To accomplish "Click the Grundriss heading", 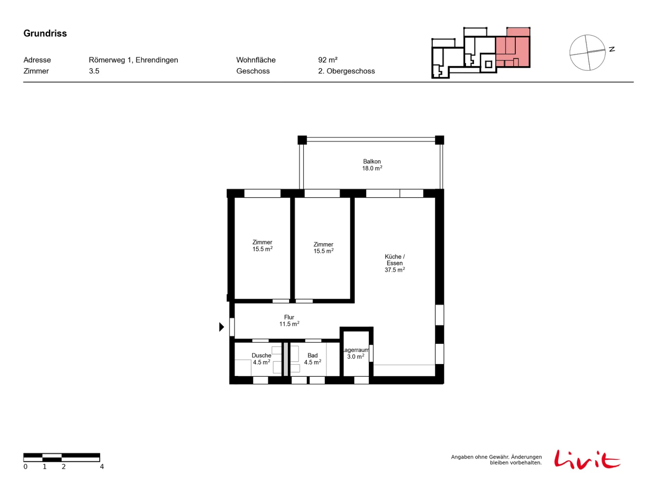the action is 45,33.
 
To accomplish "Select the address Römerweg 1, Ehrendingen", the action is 133,60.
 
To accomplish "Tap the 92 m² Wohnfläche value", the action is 327,60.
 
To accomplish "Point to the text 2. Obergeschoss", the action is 346,71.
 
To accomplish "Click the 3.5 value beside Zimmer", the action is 94,71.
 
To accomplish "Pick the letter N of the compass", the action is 611,49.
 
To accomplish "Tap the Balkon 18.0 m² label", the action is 372,165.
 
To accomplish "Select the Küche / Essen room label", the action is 395,263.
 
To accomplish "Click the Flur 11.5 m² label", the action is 289,320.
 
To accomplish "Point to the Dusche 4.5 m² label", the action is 261,359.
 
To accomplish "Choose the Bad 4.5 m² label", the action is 312,359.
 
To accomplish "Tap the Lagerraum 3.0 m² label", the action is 356,353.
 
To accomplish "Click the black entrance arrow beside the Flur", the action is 221,327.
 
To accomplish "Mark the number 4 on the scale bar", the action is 102,466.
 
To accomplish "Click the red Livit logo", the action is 587,459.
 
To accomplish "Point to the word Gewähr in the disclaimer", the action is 499,457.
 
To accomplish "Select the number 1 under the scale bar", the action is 45,466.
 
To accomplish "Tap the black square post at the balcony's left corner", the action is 302,140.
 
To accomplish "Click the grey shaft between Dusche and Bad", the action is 285,359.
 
